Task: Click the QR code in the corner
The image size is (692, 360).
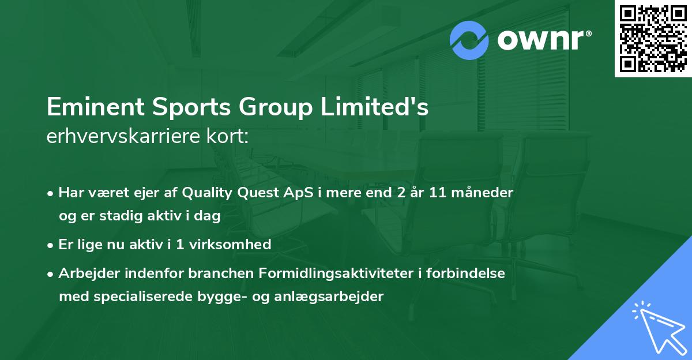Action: tap(653, 38)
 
